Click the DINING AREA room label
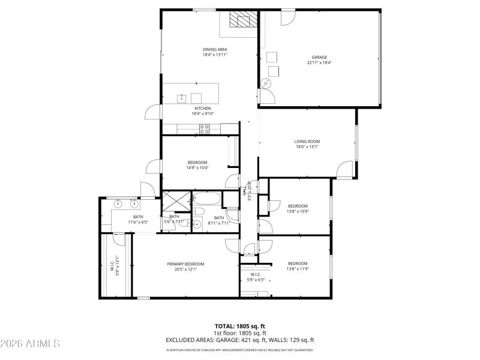pyautogui.click(x=215, y=49)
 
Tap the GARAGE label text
pyautogui.click(x=319, y=57)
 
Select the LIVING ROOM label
pyautogui.click(x=307, y=142)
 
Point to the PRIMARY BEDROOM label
pyautogui.click(x=185, y=264)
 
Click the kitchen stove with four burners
pyautogui.click(x=204, y=127)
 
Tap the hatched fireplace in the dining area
pyautogui.click(x=242, y=22)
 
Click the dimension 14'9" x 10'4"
pyautogui.click(x=197, y=168)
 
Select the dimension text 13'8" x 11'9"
pyautogui.click(x=298, y=269)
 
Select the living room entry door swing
pyautogui.click(x=345, y=170)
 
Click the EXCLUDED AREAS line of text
pyautogui.click(x=239, y=340)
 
